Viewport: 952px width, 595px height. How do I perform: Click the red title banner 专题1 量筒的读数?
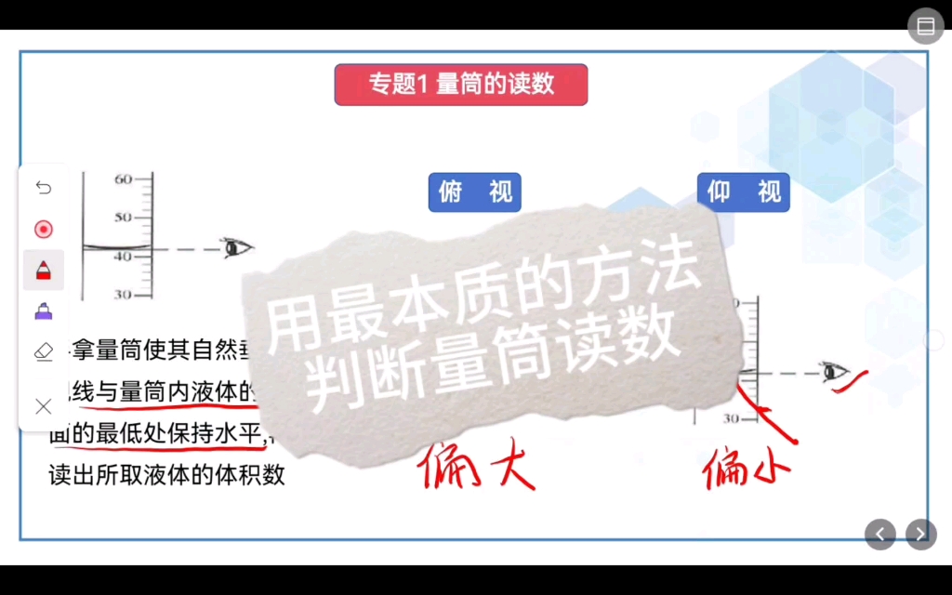click(461, 85)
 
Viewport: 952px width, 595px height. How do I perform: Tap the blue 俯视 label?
click(475, 192)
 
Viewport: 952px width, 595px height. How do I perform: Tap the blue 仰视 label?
click(744, 192)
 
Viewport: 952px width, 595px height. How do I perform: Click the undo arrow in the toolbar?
click(44, 188)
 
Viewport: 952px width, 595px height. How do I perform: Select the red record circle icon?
click(44, 229)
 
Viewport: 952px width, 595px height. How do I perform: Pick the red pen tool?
click(44, 271)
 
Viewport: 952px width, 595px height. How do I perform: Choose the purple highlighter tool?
click(44, 311)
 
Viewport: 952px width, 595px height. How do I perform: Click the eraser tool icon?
click(44, 351)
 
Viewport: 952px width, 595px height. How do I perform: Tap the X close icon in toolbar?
click(44, 405)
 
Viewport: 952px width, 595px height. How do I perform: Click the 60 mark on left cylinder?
click(124, 179)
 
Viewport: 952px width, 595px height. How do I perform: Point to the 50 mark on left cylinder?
click(124, 218)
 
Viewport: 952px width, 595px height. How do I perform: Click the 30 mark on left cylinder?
click(124, 295)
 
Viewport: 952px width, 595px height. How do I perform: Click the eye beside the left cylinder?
click(236, 248)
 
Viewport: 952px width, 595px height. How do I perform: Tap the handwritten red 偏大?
click(477, 466)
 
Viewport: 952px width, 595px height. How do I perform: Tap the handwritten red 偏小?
click(745, 466)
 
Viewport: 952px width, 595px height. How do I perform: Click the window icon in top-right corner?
click(926, 26)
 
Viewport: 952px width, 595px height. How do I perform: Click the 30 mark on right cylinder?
click(733, 419)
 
